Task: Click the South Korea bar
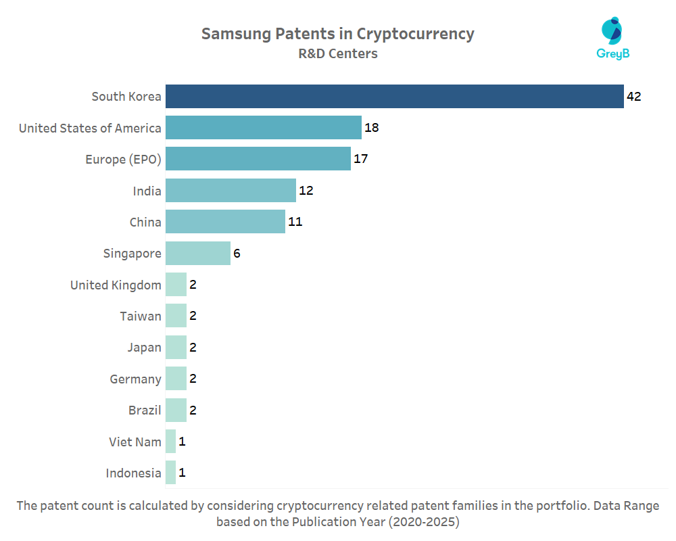[394, 96]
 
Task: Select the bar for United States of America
[264, 128]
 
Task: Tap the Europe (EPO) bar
[258, 159]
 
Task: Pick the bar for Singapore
[198, 254]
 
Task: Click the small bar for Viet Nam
[170, 442]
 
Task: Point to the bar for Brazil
[176, 410]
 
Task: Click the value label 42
[633, 96]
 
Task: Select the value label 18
[371, 128]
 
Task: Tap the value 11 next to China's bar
[294, 222]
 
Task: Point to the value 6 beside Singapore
[237, 254]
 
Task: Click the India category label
[147, 191]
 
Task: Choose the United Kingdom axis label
[116, 285]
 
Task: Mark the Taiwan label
[141, 316]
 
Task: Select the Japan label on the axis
[144, 348]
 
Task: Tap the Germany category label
[135, 379]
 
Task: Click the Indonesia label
[133, 473]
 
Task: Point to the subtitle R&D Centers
[338, 53]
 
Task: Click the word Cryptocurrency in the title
[416, 34]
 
